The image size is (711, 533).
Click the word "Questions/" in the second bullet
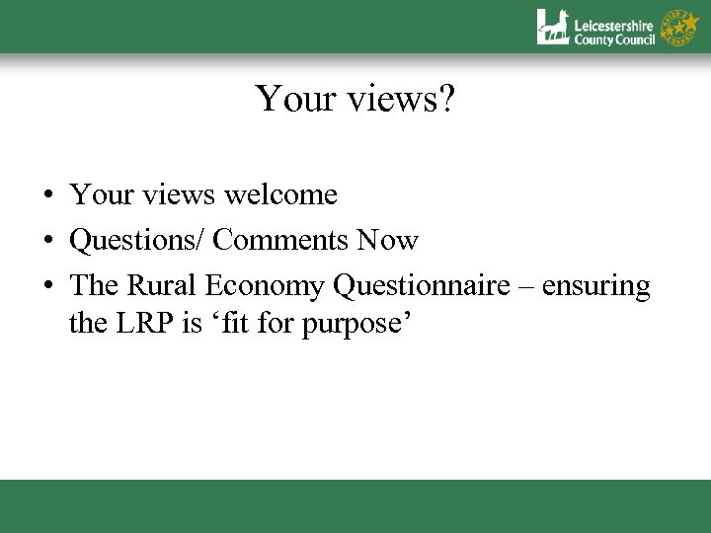(x=137, y=241)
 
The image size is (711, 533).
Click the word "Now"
(x=389, y=241)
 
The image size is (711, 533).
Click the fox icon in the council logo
(x=553, y=27)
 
